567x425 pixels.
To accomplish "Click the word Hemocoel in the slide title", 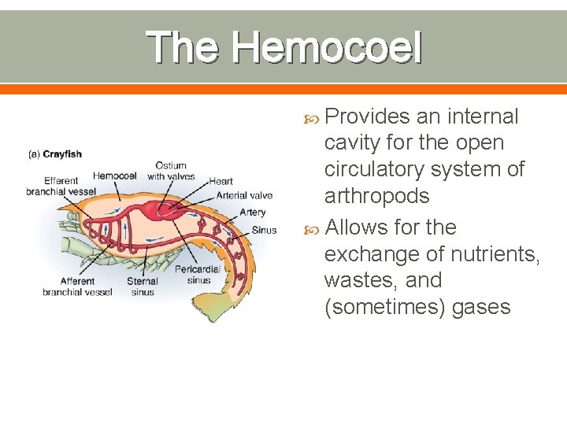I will tap(328, 47).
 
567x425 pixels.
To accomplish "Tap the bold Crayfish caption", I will tap(62, 154).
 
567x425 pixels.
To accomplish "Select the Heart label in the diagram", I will tap(220, 182).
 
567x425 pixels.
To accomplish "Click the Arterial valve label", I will tap(244, 195).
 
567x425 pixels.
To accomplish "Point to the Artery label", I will tap(253, 213).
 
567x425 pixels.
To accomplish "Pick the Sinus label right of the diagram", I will tap(264, 230).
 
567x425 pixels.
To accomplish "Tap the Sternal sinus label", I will tap(143, 286).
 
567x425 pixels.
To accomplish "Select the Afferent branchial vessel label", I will tap(77, 286).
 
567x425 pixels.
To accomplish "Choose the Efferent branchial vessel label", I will tap(61, 186).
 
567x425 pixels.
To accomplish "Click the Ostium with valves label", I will tap(171, 171).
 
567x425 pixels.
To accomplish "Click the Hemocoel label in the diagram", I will tap(115, 176).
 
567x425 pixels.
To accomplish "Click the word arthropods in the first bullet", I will tap(376, 196).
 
